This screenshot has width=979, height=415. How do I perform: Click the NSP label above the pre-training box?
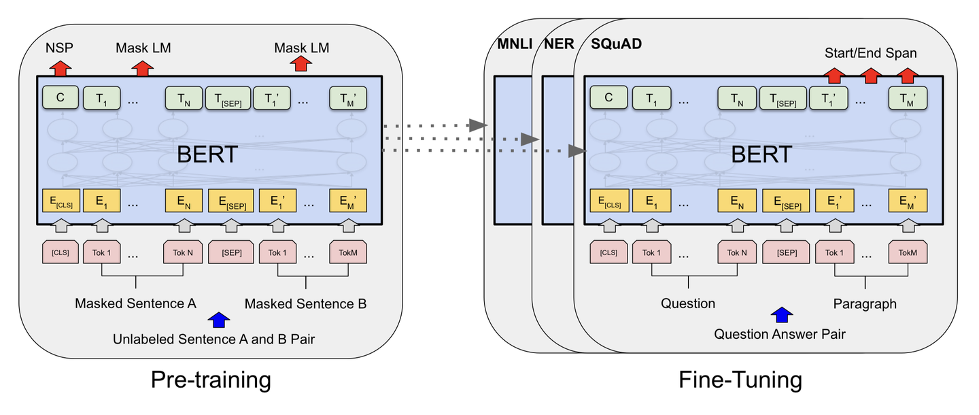click(59, 48)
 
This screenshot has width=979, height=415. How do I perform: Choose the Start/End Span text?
click(870, 52)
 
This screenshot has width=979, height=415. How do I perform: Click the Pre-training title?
click(210, 379)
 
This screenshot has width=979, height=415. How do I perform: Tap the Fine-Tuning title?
click(740, 379)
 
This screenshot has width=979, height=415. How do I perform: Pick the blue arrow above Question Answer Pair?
click(781, 315)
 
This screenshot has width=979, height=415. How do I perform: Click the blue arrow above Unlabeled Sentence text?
click(217, 319)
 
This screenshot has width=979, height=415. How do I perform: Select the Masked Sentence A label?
click(135, 303)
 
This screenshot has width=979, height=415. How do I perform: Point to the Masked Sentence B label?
click(305, 303)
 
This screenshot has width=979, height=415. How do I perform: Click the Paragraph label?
click(865, 303)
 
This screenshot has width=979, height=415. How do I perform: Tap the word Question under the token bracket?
click(688, 303)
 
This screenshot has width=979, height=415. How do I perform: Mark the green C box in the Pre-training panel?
click(60, 98)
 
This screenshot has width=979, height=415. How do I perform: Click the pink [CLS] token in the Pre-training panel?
click(61, 252)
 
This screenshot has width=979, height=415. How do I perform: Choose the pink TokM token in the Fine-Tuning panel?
click(908, 252)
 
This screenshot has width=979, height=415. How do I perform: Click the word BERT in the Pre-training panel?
click(207, 154)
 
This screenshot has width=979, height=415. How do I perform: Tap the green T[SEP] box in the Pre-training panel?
click(228, 99)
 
